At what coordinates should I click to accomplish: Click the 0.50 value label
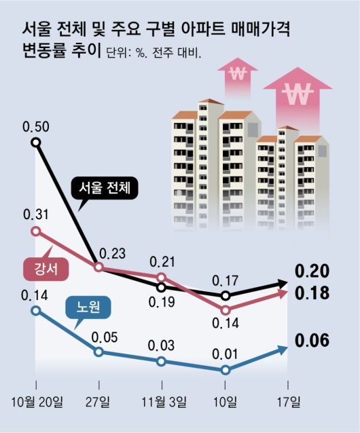[x=35, y=126]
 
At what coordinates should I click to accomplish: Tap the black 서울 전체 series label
[x=105, y=187]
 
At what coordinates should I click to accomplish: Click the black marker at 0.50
[x=36, y=143]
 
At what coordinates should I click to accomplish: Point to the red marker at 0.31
[x=36, y=231]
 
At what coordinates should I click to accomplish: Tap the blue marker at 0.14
[x=36, y=311]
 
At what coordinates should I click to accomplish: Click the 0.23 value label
[x=113, y=254]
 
